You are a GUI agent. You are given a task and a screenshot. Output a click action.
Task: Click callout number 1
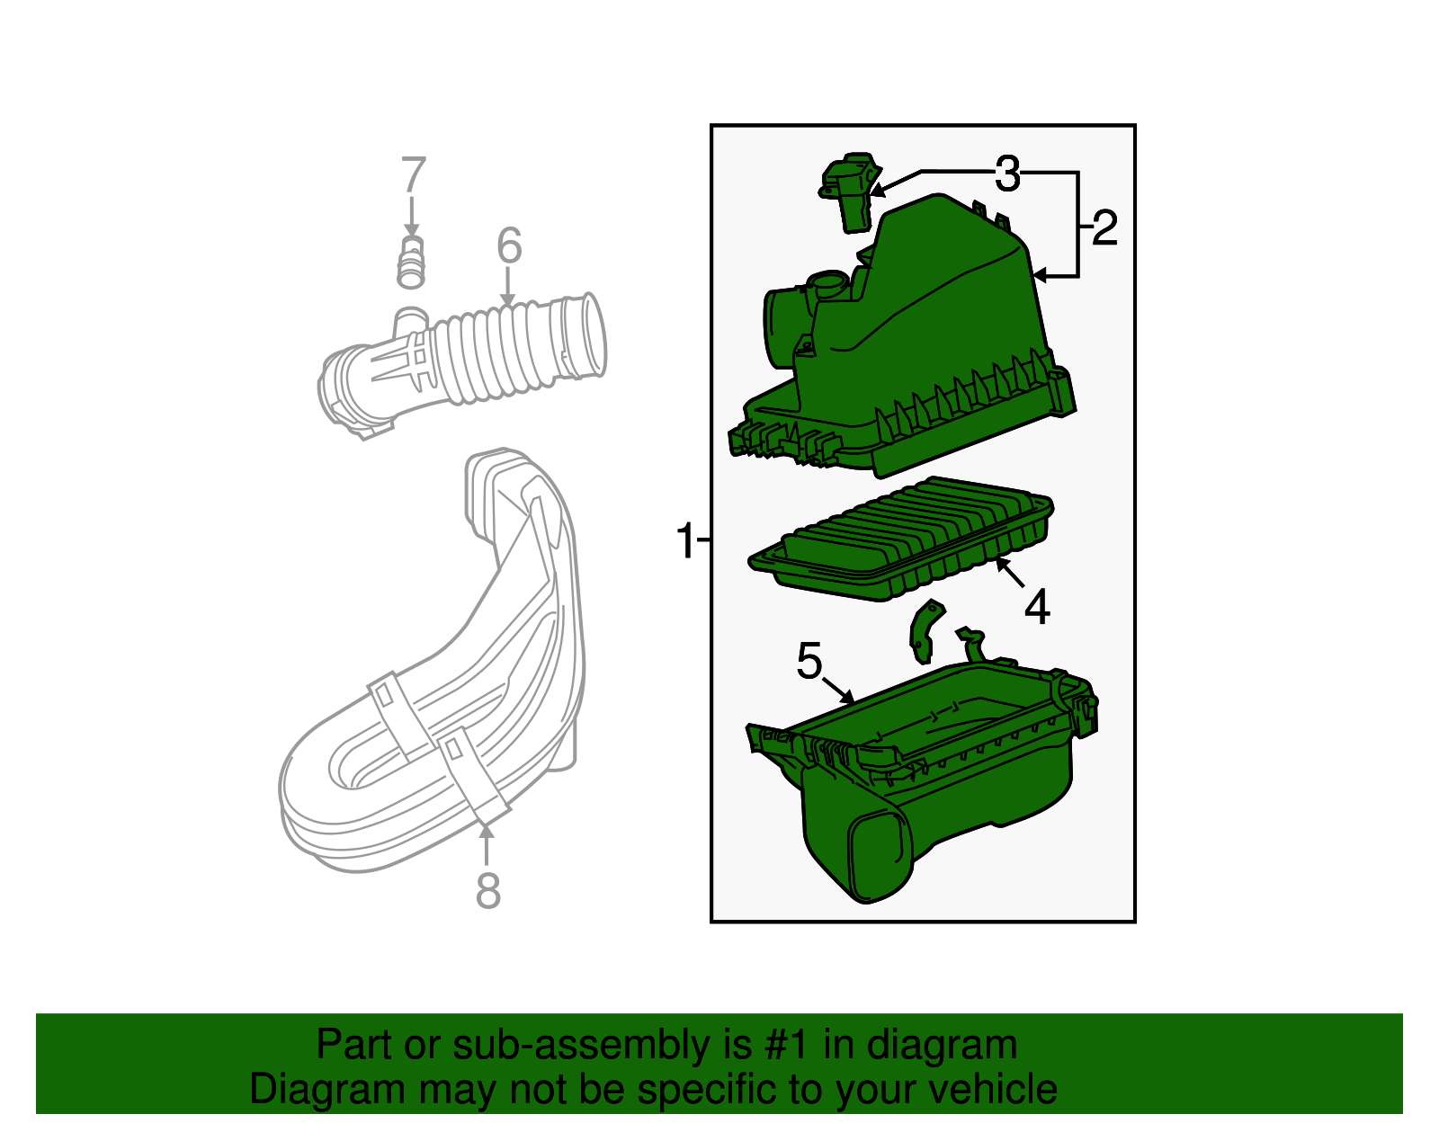[685, 542]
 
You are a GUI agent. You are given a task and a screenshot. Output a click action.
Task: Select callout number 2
[1104, 228]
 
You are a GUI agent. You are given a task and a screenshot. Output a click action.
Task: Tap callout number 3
[1007, 174]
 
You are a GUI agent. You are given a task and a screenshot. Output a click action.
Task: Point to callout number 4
[1037, 608]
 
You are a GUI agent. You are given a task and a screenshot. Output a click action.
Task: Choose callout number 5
[809, 662]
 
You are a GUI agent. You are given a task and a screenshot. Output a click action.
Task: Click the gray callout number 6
[509, 245]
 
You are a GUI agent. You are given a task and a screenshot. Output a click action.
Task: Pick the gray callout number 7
[412, 175]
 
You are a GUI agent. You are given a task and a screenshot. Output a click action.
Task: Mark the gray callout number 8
[487, 892]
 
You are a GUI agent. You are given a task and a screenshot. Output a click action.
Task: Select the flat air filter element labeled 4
[899, 539]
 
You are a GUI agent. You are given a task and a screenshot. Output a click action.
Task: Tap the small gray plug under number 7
[411, 263]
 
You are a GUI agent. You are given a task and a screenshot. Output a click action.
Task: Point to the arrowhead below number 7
[412, 232]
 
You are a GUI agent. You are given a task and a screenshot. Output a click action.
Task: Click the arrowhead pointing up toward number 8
[487, 832]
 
